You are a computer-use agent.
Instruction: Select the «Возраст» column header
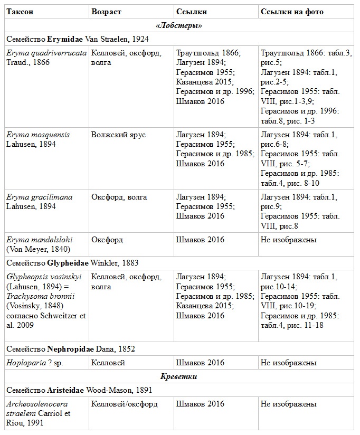click(x=107, y=11)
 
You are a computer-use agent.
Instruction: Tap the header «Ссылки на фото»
click(x=292, y=11)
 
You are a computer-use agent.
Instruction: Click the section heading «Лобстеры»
click(x=179, y=25)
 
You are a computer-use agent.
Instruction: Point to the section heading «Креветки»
click(x=179, y=376)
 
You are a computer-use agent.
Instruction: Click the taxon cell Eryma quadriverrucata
click(x=46, y=53)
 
